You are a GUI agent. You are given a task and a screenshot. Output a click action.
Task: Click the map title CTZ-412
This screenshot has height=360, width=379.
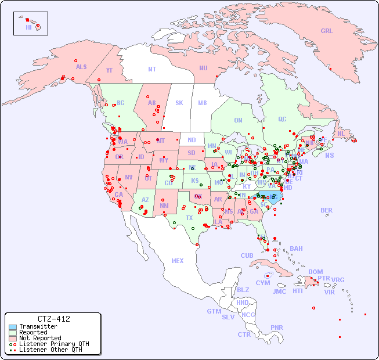click(x=53, y=319)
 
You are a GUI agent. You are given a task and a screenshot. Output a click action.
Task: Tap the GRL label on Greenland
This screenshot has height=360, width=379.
click(x=327, y=31)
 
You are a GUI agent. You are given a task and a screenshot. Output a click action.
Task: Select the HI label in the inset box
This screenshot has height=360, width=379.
click(x=28, y=27)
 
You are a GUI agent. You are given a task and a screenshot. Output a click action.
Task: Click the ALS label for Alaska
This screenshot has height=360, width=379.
click(x=81, y=67)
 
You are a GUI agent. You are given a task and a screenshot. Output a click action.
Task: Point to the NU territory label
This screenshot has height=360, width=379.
click(x=203, y=68)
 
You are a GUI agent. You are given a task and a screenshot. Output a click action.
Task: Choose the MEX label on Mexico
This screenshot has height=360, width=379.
click(x=177, y=261)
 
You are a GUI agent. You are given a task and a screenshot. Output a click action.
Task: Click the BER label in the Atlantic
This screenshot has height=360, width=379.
click(x=326, y=210)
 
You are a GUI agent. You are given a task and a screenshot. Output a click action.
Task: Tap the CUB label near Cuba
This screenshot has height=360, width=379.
click(x=247, y=255)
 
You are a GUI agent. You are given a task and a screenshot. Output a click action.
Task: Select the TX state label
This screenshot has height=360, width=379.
click(x=189, y=218)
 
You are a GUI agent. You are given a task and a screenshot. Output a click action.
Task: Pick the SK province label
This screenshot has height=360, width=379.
click(x=179, y=103)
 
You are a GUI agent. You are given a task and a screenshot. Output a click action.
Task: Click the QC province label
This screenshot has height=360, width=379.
click(x=282, y=119)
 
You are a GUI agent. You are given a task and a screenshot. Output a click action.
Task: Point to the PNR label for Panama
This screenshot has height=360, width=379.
click(x=277, y=327)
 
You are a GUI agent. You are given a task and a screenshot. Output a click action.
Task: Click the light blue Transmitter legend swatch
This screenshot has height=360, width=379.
click(x=12, y=327)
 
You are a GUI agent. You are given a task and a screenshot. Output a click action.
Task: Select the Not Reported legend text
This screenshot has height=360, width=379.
click(x=40, y=338)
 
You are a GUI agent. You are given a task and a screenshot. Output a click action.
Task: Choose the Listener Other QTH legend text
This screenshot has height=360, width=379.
click(x=50, y=350)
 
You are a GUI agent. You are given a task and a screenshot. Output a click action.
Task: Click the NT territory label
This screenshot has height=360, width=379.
click(x=152, y=69)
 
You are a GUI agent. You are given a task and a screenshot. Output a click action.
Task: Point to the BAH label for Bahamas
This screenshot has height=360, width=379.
click(x=296, y=249)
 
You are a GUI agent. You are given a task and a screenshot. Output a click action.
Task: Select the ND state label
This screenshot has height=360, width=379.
click(x=192, y=140)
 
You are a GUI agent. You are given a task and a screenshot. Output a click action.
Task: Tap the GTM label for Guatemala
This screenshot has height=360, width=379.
click(x=214, y=311)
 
